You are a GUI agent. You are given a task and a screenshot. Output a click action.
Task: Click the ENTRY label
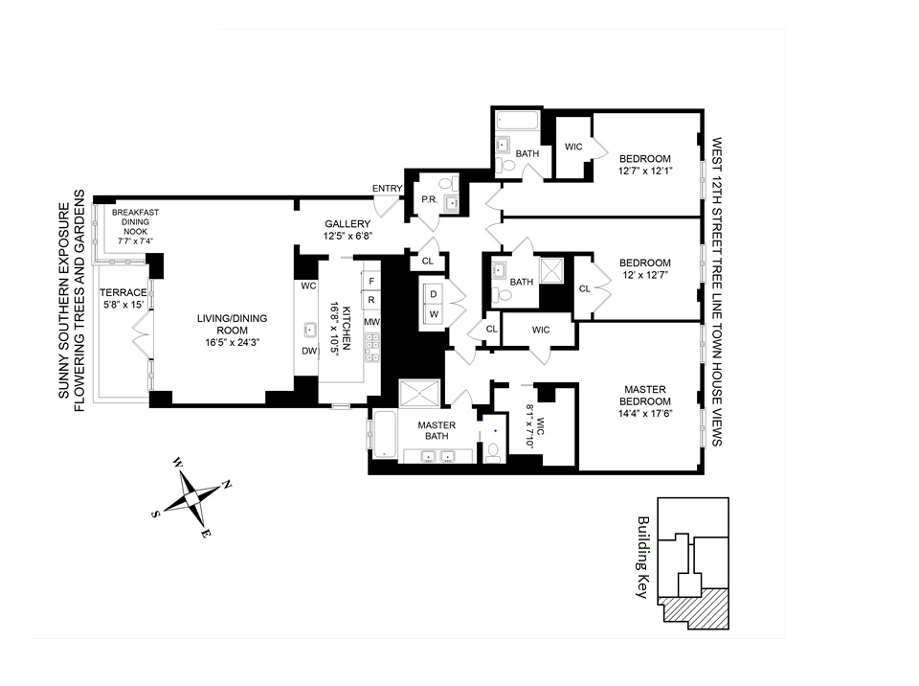point(388,189)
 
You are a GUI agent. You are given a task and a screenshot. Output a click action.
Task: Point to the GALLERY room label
point(347,224)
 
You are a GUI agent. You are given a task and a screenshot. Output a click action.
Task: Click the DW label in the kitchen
point(309,351)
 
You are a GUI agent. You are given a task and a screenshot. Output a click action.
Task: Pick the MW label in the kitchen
point(371,322)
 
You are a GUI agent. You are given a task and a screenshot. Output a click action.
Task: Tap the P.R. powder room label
point(430,200)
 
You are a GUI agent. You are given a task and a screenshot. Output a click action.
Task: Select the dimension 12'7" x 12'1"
point(646,172)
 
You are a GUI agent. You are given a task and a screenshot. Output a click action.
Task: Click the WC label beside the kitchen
point(308,286)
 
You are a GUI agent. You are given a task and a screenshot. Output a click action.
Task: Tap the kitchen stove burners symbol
point(371,341)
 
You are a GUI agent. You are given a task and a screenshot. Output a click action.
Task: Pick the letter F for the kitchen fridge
point(371,281)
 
